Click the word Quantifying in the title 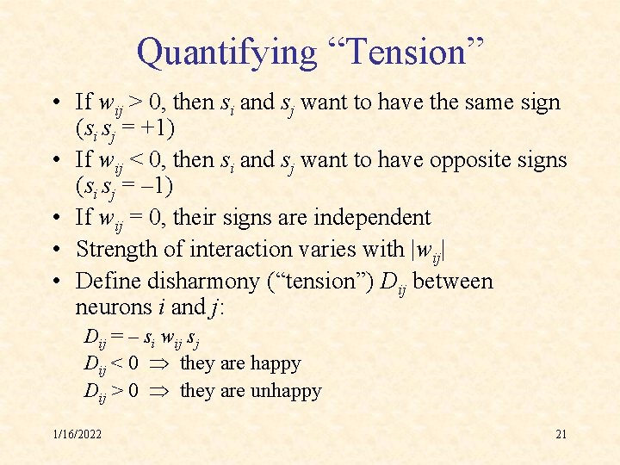click(226, 53)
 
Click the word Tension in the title click(405, 53)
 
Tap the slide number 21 click(561, 434)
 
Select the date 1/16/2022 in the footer click(77, 434)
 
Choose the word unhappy click(286, 391)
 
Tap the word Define click(105, 282)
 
